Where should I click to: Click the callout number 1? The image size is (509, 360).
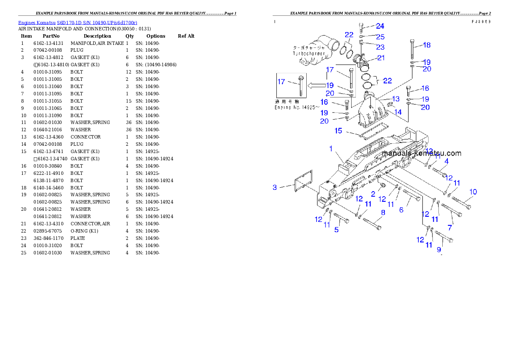331,148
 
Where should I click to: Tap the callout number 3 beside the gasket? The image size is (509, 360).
275,187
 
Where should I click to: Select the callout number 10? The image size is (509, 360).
473,192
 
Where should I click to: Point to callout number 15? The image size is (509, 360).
338,130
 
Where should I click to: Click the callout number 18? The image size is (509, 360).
426,45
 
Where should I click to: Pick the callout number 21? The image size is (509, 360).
381,58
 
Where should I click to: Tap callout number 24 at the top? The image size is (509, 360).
380,26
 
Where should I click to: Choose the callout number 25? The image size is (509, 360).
380,37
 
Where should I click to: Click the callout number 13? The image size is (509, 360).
396,99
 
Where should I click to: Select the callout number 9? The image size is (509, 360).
439,249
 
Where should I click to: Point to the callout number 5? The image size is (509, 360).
337,230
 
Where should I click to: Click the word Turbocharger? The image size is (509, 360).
309,54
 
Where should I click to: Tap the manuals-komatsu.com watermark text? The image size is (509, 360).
421,153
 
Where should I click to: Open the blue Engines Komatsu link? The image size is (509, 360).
77,22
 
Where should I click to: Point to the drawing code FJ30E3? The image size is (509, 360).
481,21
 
